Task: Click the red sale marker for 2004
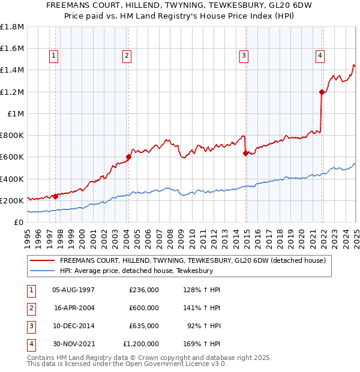tap(128, 157)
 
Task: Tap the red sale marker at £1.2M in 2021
tap(322, 92)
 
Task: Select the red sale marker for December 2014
tap(245, 153)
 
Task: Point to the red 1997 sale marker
tap(55, 196)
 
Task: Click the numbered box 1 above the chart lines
tap(54, 56)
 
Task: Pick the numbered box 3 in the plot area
tap(244, 56)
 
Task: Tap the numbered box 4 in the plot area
tap(320, 56)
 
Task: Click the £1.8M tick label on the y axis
tap(12, 27)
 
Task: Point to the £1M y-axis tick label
tap(16, 114)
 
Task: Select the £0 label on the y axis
tap(18, 223)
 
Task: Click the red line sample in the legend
tap(43, 261)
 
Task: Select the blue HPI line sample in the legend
tap(43, 271)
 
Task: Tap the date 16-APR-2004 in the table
tap(74, 307)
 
